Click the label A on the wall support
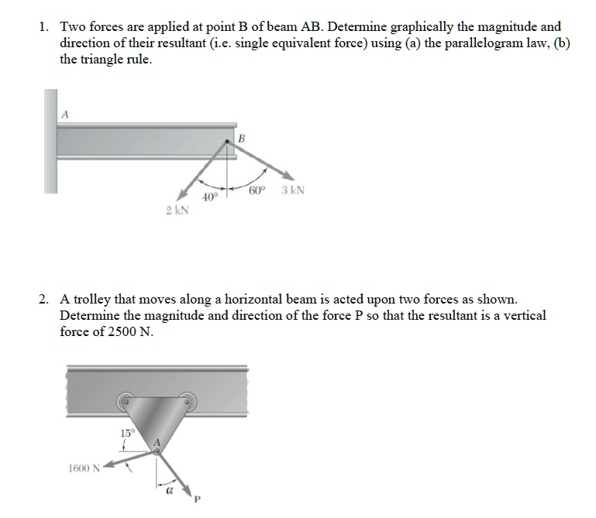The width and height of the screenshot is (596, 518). pyautogui.click(x=65, y=114)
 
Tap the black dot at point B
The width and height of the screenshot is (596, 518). pyautogui.click(x=227, y=142)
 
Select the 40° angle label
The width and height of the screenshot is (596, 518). pyautogui.click(x=208, y=198)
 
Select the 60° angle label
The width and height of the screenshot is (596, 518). pyautogui.click(x=258, y=190)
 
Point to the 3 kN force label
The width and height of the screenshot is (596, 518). pyautogui.click(x=293, y=190)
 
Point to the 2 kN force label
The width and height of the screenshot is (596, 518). pyautogui.click(x=175, y=211)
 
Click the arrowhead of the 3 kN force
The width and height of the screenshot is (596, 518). pyautogui.click(x=288, y=177)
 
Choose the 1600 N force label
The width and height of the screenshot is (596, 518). pyautogui.click(x=83, y=467)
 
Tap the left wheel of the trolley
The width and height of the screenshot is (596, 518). pyautogui.click(x=124, y=402)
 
